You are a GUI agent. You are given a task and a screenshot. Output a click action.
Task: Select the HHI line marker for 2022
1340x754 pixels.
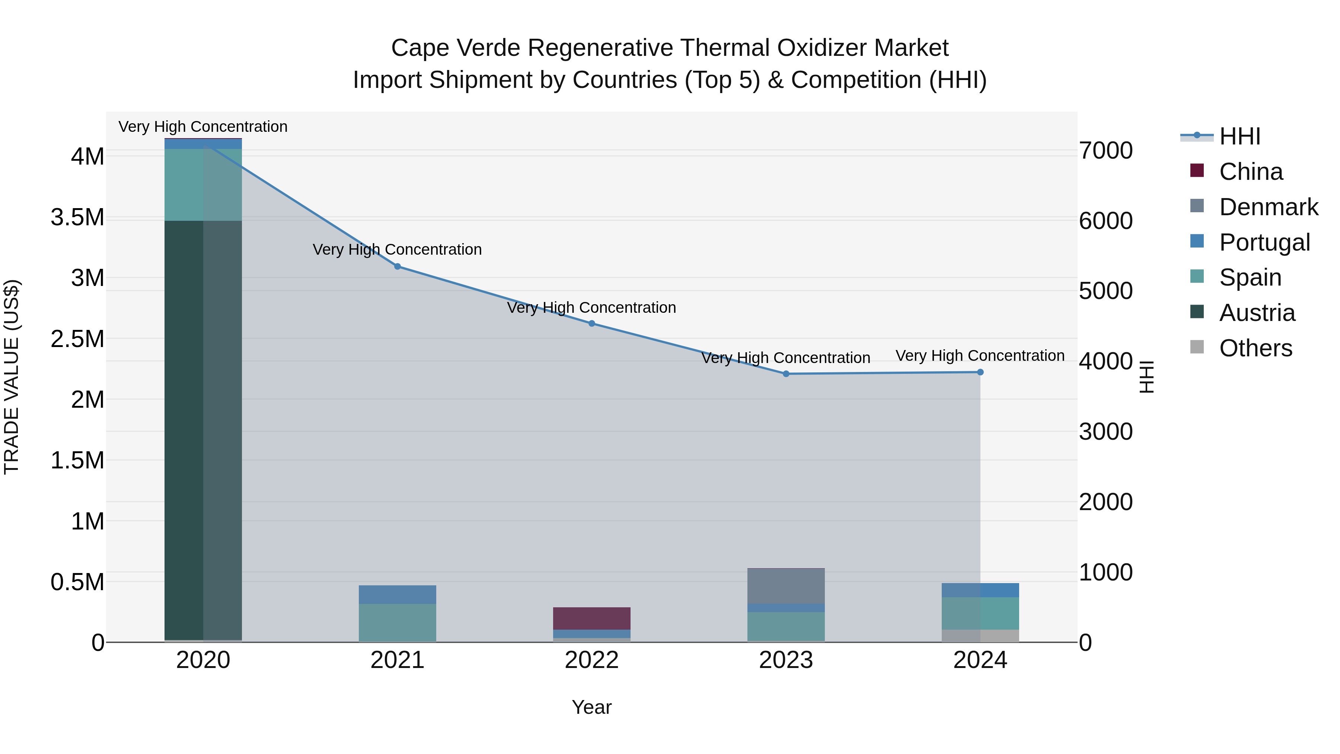point(591,324)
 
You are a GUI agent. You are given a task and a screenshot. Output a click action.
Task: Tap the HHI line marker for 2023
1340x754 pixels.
point(786,373)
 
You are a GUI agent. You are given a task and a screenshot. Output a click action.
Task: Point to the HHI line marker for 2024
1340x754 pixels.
point(980,372)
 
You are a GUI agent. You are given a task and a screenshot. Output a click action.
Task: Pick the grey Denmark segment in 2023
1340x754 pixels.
point(786,586)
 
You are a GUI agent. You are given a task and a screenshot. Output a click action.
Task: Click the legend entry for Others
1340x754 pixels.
point(1255,348)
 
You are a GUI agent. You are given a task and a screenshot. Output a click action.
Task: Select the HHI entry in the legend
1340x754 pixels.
point(1239,136)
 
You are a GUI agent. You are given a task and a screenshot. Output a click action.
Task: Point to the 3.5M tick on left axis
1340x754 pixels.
point(77,217)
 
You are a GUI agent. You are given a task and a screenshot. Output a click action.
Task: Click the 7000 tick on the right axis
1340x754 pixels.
point(1106,150)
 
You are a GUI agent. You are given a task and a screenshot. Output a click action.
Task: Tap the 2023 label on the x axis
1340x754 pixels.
point(786,660)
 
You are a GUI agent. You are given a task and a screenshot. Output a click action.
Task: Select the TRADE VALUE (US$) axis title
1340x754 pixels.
point(12,377)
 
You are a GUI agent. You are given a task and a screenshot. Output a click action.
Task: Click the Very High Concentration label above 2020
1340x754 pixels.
point(203,127)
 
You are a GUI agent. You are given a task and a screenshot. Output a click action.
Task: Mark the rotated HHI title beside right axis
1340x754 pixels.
point(1146,377)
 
